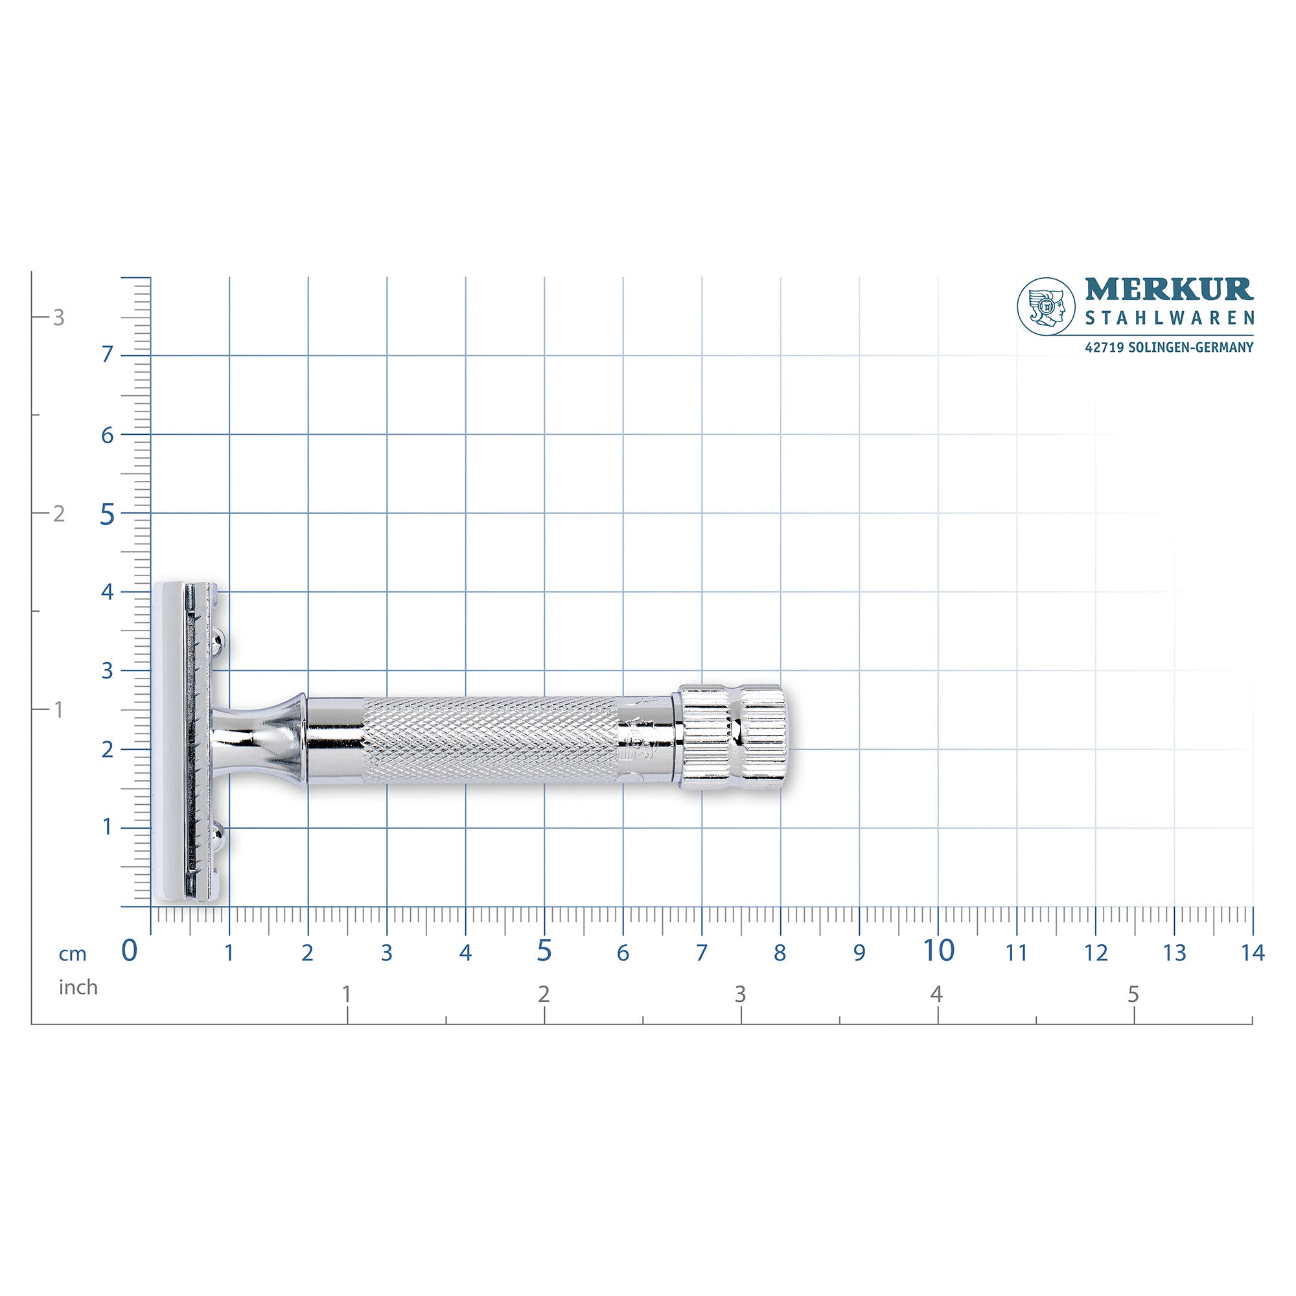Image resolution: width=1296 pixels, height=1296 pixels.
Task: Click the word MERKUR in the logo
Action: (1169, 290)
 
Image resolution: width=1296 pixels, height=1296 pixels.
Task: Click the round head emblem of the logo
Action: (1047, 307)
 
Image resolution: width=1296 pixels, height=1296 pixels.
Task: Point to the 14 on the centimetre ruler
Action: (1252, 953)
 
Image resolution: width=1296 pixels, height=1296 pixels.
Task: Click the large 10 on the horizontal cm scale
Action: (938, 951)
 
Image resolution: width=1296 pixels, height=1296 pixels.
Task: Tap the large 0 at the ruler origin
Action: (129, 951)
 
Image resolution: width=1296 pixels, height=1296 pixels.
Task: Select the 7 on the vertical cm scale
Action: (108, 355)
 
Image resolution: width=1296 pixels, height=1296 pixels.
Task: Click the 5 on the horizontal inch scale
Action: (1133, 994)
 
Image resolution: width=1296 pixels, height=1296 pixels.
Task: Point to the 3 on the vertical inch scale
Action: (59, 318)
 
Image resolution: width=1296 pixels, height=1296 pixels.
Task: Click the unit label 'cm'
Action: (73, 954)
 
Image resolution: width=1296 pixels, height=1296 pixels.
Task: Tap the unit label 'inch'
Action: (78, 988)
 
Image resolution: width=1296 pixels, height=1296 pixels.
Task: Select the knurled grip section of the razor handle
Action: (490, 741)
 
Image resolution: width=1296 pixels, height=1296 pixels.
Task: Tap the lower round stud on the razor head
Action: (218, 834)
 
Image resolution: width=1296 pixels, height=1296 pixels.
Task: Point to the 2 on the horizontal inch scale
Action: (544, 994)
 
